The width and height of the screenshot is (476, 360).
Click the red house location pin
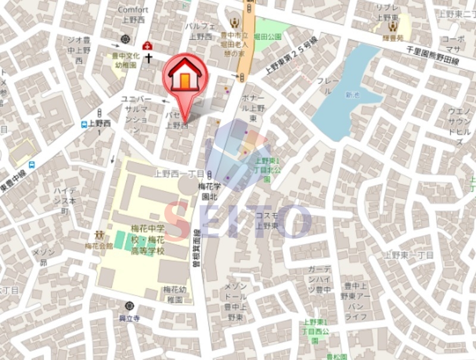(184, 77)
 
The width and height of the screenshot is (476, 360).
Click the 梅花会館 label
(98, 245)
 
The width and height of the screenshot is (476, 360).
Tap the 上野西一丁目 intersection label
(178, 174)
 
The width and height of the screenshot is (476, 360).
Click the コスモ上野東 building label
(267, 221)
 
